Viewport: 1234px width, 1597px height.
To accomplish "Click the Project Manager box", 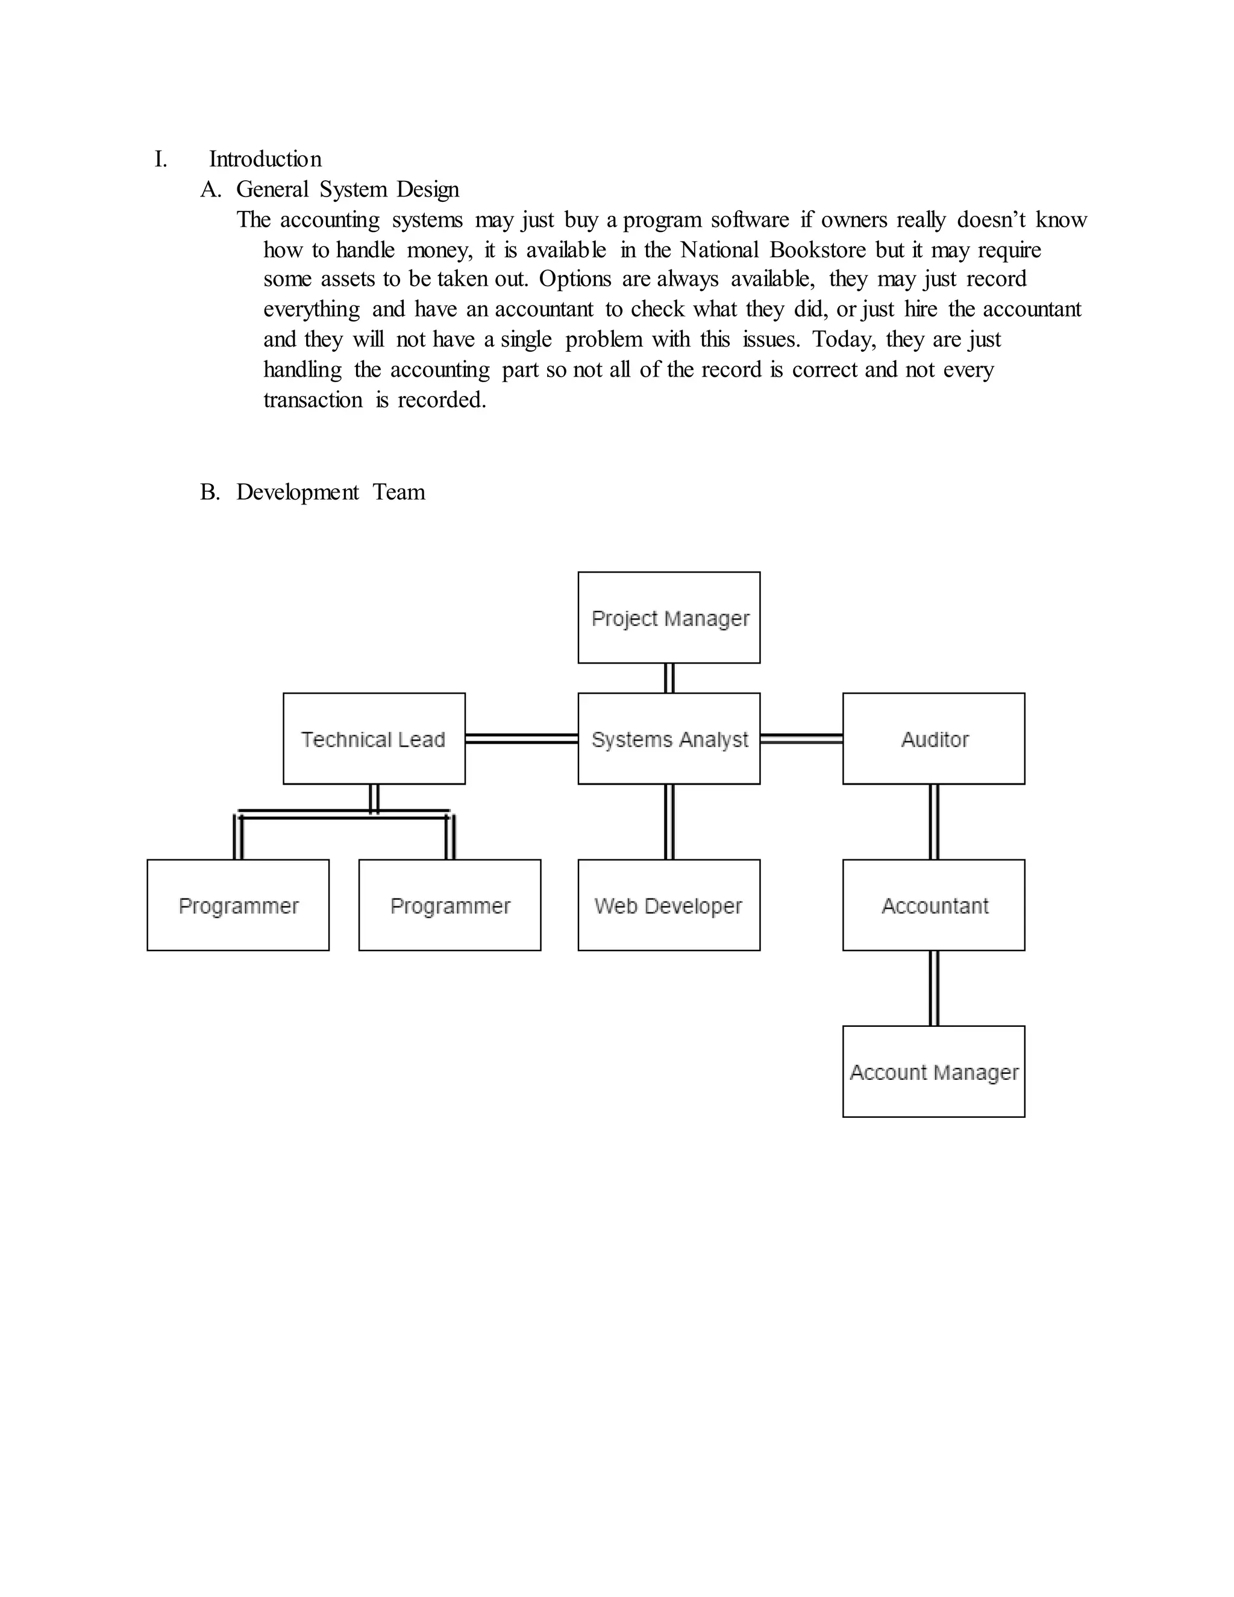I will [x=669, y=617].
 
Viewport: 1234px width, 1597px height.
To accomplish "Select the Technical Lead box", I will [x=374, y=739].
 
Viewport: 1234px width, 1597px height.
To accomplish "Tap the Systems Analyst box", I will [x=669, y=739].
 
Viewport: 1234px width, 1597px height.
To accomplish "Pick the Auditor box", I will [x=933, y=739].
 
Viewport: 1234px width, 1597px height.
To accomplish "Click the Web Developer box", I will [x=669, y=905].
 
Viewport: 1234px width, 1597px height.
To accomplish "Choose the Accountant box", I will [x=933, y=905].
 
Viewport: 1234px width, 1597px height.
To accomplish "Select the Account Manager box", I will [x=933, y=1072].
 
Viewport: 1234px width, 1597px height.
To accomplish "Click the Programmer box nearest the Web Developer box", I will [x=449, y=905].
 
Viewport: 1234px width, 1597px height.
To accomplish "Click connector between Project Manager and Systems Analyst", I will [x=669, y=678].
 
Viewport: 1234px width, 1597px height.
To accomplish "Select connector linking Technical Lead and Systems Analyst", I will [x=521, y=739].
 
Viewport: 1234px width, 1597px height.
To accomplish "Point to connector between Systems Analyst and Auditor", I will [x=801, y=739].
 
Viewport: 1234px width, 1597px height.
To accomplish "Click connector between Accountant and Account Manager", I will [x=933, y=988].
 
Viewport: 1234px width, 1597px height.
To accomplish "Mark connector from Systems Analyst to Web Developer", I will [x=669, y=821].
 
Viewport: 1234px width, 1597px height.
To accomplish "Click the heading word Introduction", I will [x=265, y=158].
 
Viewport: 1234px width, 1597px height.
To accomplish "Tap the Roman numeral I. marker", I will [x=160, y=158].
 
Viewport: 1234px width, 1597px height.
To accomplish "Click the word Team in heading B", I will [x=398, y=492].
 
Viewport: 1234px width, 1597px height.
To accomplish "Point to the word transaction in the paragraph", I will [x=313, y=400].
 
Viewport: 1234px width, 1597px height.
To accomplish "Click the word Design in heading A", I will [x=428, y=189].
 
